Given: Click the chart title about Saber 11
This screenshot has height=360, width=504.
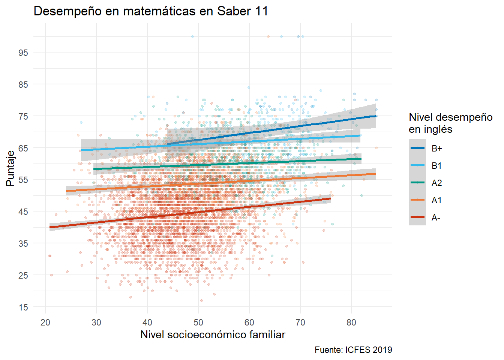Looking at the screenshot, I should tap(151, 11).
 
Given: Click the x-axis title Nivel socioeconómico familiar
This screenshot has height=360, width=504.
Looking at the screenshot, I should tap(213, 334).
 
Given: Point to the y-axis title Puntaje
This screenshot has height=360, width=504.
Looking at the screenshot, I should tap(10, 168).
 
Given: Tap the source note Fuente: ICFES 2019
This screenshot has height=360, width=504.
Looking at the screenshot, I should tap(353, 350).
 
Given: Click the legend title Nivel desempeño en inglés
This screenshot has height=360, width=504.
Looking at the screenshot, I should tap(450, 123).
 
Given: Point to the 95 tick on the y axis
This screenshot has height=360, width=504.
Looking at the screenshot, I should tap(23, 52).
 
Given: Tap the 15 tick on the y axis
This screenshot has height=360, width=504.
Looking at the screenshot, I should tap(23, 307).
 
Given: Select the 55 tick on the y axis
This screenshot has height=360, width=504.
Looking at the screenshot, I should tap(23, 180).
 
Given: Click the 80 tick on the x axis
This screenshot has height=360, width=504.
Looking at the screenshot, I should tap(351, 322).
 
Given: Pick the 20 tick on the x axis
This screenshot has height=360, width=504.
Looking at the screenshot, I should tap(45, 322).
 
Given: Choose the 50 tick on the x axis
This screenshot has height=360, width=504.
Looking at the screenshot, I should tap(198, 322).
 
